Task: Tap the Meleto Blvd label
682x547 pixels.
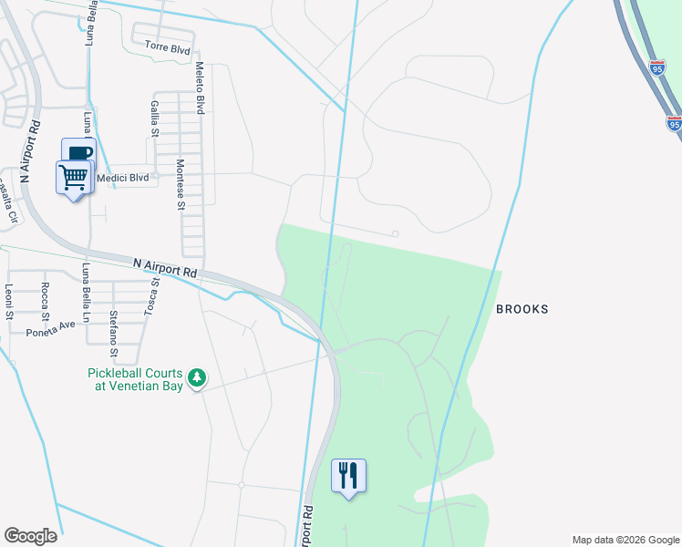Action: point(200,88)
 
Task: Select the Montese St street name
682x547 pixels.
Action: point(181,184)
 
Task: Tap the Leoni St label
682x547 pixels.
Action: point(8,302)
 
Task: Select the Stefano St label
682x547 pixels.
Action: point(113,335)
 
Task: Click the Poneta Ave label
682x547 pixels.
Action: point(50,328)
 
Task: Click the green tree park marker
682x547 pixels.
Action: point(196,378)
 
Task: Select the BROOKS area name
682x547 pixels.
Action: point(522,309)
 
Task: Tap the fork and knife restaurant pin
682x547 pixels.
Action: point(348,476)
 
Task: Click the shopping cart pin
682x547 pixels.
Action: point(74,177)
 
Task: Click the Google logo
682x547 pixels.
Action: point(30,536)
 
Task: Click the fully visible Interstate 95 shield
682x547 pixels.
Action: point(657,67)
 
